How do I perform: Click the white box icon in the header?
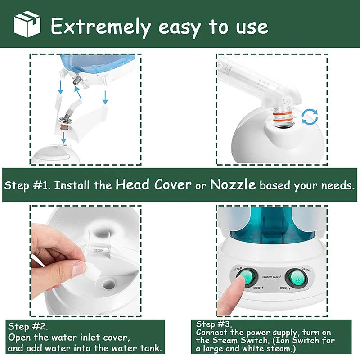pos(27,24)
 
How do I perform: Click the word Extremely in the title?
pos(100,27)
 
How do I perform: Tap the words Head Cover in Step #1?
pos(153,184)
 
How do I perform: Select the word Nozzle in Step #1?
pos(233,184)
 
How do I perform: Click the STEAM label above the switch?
pos(238,269)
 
